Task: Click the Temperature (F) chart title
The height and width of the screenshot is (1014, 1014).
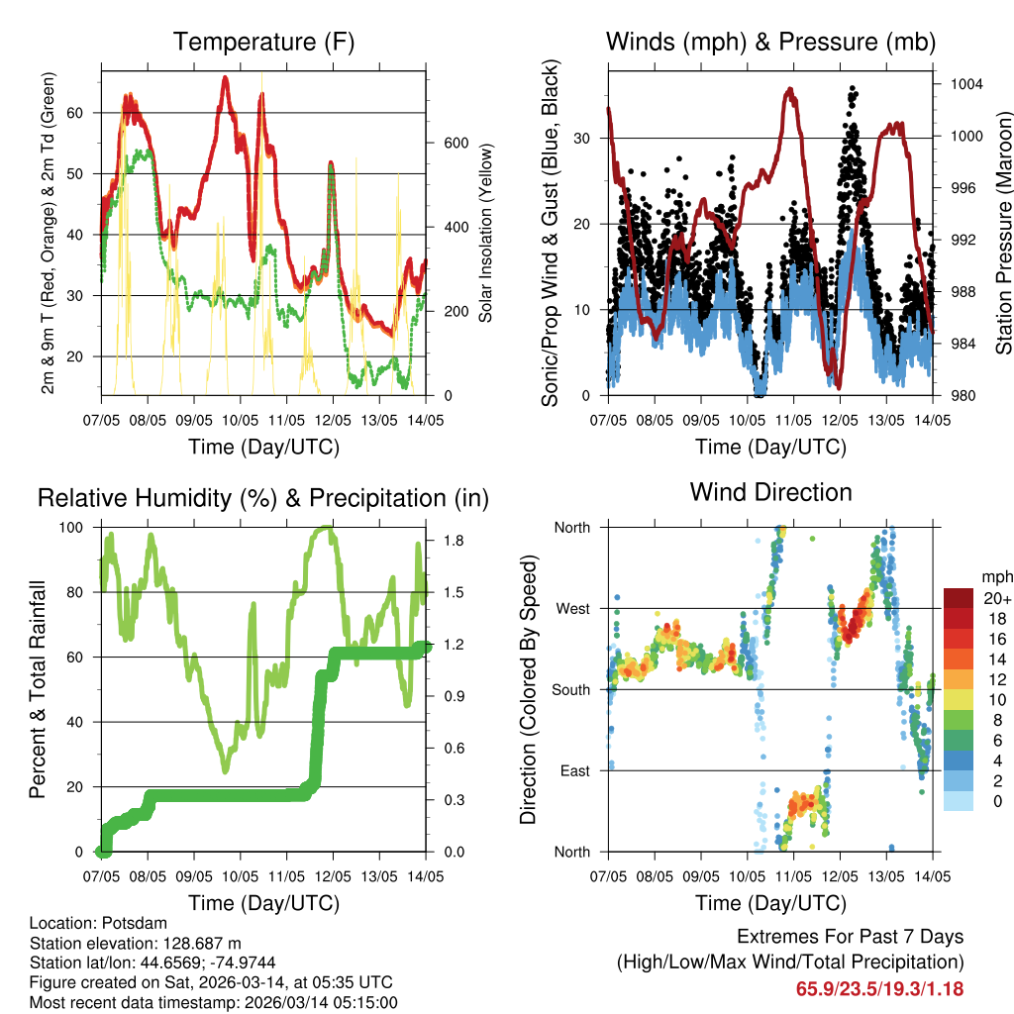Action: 263,42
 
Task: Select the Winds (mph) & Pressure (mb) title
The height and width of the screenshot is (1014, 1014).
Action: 770,42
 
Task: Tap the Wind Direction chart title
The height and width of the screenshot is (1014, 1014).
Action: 770,492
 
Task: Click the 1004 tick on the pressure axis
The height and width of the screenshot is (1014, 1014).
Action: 964,85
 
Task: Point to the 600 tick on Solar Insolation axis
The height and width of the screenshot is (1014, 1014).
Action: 456,143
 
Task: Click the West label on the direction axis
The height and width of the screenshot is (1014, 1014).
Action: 571,608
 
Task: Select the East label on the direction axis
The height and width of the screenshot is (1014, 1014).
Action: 574,770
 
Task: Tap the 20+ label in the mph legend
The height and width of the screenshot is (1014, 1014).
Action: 996,597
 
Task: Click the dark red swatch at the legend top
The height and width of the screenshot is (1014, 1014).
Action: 959,597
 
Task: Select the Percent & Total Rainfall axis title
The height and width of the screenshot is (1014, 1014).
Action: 37,689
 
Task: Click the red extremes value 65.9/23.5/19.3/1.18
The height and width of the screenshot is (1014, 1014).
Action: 879,988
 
